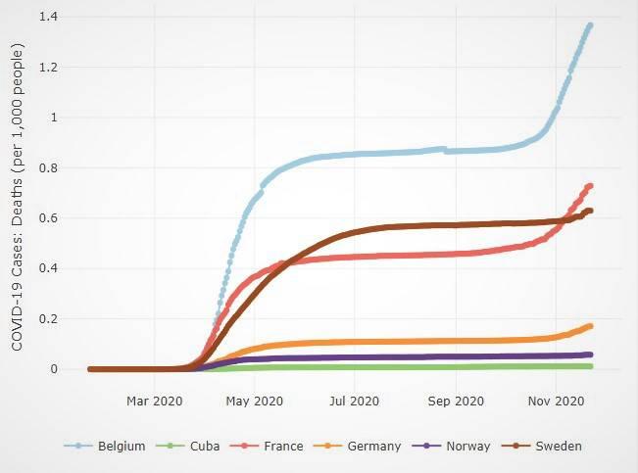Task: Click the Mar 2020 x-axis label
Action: (x=155, y=401)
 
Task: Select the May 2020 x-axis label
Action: (x=254, y=401)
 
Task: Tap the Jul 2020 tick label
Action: (x=354, y=401)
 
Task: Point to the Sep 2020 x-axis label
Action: (x=456, y=401)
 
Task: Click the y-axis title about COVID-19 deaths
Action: (x=18, y=193)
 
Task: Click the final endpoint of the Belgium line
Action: (x=589, y=25)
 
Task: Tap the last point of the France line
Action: (x=590, y=186)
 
